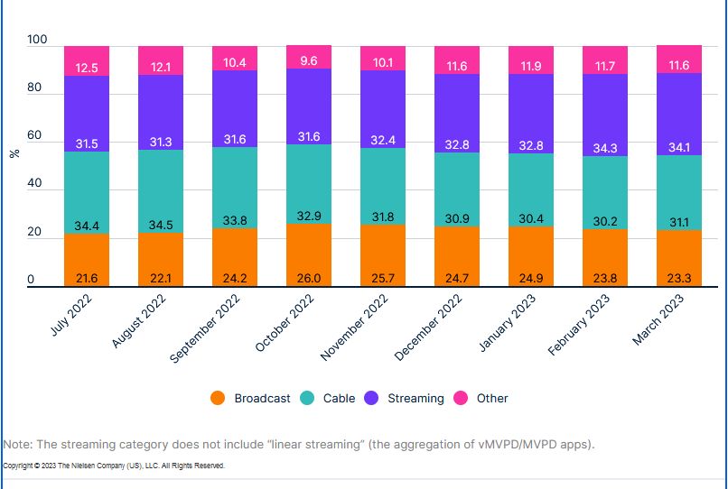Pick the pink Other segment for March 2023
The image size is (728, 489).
click(x=679, y=59)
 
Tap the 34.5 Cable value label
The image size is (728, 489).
click(x=161, y=223)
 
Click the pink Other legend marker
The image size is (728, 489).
click(x=461, y=398)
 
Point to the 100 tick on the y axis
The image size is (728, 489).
click(x=37, y=41)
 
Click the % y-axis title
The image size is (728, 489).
click(x=14, y=154)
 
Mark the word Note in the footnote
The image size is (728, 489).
click(x=17, y=445)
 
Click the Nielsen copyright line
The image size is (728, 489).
click(x=114, y=466)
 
